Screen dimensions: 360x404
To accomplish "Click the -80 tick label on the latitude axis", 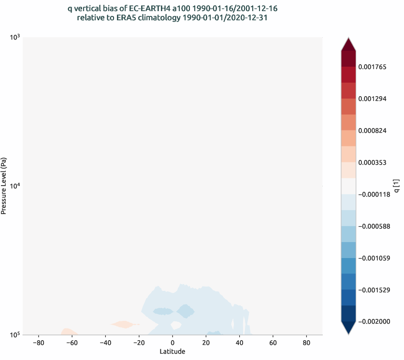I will tap(38, 343).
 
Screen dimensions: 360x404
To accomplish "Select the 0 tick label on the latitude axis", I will tap(173, 343).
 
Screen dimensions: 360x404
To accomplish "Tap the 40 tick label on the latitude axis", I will tap(240, 343).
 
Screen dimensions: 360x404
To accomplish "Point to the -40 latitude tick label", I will tap(105, 343).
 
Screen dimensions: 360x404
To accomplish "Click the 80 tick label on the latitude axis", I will tap(306, 343).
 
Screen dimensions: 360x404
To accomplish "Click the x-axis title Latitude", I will tap(173, 351).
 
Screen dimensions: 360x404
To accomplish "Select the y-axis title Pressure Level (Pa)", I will tap(4, 186).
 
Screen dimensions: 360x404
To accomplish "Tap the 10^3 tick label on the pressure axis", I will tap(14, 38).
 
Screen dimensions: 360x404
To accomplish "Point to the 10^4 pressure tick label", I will tap(14, 186).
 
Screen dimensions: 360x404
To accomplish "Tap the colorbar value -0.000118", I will tap(374, 194).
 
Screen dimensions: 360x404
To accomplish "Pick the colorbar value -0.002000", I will tap(374, 322).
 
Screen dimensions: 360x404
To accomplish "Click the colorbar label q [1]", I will tap(396, 186).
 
